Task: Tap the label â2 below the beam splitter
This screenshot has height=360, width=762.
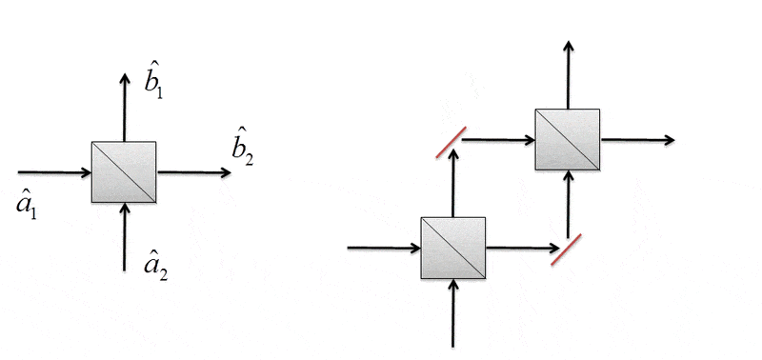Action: pyautogui.click(x=156, y=267)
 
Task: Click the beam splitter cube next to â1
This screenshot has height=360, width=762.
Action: pyautogui.click(x=124, y=172)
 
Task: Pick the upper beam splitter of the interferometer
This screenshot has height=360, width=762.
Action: pyautogui.click(x=568, y=139)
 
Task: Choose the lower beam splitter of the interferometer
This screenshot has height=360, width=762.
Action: pyautogui.click(x=453, y=248)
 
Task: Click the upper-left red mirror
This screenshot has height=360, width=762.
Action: pyautogui.click(x=451, y=142)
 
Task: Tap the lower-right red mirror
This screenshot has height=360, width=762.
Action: pyautogui.click(x=566, y=250)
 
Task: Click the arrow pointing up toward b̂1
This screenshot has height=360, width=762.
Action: pyautogui.click(x=125, y=108)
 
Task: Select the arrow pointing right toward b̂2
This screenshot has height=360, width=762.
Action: pyautogui.click(x=194, y=172)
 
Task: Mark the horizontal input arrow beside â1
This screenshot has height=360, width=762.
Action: pyautogui.click(x=55, y=172)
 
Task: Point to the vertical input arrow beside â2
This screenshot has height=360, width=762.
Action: pyautogui.click(x=125, y=236)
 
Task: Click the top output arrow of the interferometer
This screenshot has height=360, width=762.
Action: pyautogui.click(x=568, y=75)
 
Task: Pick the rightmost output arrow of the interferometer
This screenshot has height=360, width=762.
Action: pyautogui.click(x=637, y=140)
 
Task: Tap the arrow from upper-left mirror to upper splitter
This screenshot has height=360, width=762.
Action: pyautogui.click(x=498, y=140)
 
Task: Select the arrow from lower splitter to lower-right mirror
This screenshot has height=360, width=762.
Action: pyautogui.click(x=523, y=248)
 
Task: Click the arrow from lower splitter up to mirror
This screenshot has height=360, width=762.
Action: pyautogui.click(x=453, y=183)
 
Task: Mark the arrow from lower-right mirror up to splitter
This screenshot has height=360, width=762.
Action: pyautogui.click(x=568, y=204)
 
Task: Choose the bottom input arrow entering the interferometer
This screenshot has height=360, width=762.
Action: pyautogui.click(x=453, y=313)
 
